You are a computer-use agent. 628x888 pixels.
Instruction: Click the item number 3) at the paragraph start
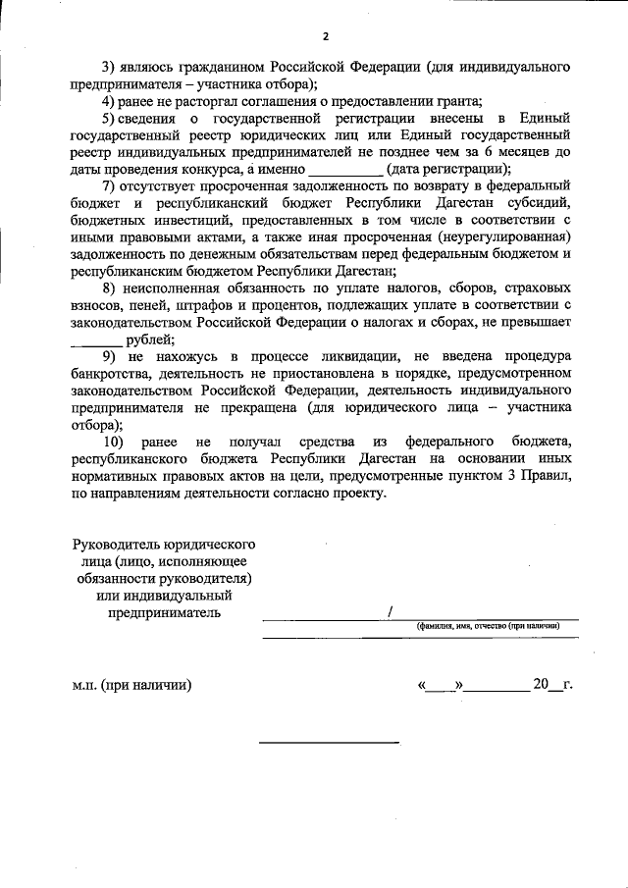[110, 67]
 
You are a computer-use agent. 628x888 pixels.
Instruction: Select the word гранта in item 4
[455, 101]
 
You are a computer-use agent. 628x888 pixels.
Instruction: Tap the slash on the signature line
[390, 611]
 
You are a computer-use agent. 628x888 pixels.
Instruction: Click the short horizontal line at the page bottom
[328, 742]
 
